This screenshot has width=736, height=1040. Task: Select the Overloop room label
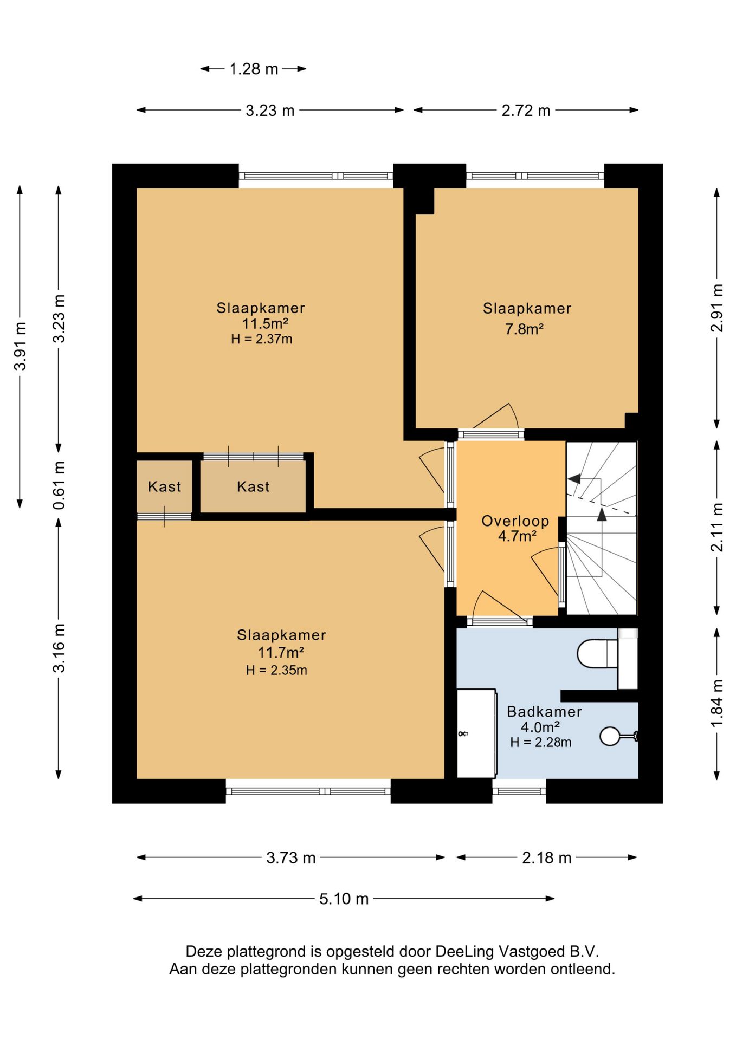[x=515, y=521]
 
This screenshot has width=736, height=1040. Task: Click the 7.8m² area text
[x=524, y=329]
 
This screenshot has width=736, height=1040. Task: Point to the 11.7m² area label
[x=281, y=652]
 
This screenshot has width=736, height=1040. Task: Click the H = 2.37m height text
[x=262, y=339]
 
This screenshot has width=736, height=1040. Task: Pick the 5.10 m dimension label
[x=344, y=899]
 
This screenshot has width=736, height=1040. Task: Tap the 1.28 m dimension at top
[x=254, y=69]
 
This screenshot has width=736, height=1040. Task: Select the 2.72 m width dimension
[x=526, y=110]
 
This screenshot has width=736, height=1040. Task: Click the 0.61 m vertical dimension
[x=59, y=485]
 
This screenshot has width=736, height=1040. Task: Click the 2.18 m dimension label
[x=547, y=857]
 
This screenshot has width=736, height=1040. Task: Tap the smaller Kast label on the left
[x=164, y=486]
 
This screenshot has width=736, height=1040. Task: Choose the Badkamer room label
[x=544, y=711]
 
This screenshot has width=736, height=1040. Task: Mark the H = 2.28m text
[x=541, y=742]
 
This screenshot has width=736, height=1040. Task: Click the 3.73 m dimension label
[x=290, y=857]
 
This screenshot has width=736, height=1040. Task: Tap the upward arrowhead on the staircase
[x=602, y=513]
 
